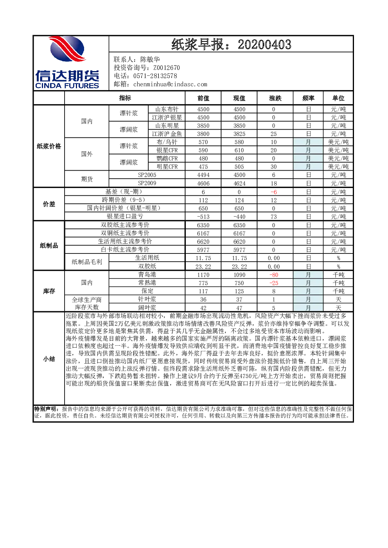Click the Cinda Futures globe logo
click(x=67, y=49)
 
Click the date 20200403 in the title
click(x=264, y=45)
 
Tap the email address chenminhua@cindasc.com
click(x=170, y=84)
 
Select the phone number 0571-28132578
click(x=155, y=76)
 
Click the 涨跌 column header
click(x=275, y=98)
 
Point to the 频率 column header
click(x=308, y=98)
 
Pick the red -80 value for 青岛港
click(x=274, y=275)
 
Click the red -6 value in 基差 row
click(x=274, y=192)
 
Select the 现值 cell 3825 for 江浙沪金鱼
click(x=239, y=134)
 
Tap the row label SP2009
click(x=147, y=183)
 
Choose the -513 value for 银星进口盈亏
click(x=203, y=217)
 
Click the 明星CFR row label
click(x=167, y=167)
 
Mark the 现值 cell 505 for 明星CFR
click(x=239, y=167)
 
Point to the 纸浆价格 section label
click(x=49, y=146)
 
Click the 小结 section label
click(x=49, y=359)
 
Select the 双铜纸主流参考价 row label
click(x=125, y=233)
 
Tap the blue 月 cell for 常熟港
click(x=308, y=283)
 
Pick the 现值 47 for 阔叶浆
click(x=239, y=308)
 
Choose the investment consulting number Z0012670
click(x=167, y=68)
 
